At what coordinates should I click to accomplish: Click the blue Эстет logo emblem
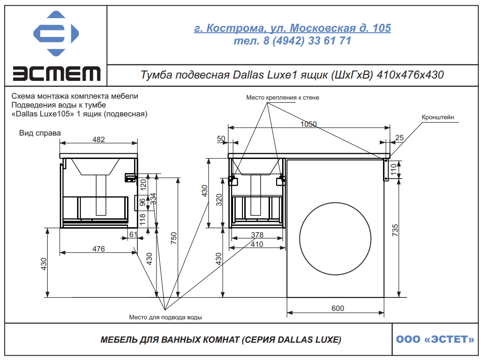56,33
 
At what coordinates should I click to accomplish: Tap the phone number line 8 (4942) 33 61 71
292,41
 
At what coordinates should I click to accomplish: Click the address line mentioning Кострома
292,28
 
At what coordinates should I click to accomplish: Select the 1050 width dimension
309,124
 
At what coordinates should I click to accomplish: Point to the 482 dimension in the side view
99,139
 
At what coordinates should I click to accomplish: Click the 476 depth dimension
99,249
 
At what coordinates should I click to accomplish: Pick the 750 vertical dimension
174,238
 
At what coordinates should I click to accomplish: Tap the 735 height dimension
395,230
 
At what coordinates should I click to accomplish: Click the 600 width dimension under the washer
338,308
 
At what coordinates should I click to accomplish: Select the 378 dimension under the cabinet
257,235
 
